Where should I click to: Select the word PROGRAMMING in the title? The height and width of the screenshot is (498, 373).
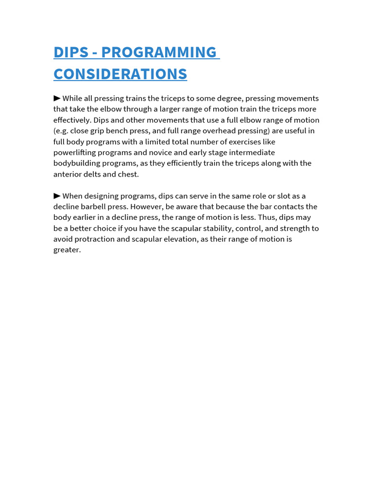[159, 52]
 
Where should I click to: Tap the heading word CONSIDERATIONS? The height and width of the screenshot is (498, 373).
[120, 74]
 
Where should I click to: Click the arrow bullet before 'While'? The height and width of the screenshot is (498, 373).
[57, 98]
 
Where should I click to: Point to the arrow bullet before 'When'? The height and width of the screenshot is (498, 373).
[57, 196]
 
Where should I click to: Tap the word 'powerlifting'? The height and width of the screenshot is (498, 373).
[75, 153]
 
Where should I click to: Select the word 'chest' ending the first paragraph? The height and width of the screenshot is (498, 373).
[128, 174]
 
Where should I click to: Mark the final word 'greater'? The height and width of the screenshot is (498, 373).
[67, 250]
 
